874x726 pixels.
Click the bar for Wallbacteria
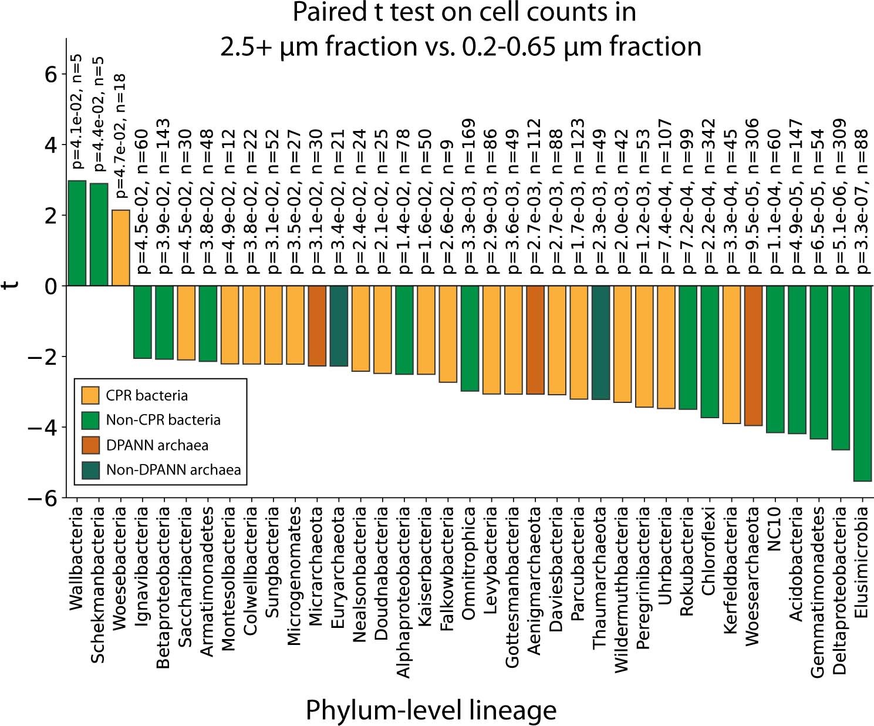pyautogui.click(x=77, y=233)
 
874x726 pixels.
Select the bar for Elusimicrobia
pyautogui.click(x=862, y=383)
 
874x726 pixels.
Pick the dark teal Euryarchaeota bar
pyautogui.click(x=339, y=326)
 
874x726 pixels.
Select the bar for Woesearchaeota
pyautogui.click(x=753, y=355)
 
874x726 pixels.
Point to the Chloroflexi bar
pyautogui.click(x=710, y=351)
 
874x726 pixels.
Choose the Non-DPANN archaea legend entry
pyautogui.click(x=173, y=470)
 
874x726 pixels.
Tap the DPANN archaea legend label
pyautogui.click(x=157, y=445)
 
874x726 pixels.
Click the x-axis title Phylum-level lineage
pyautogui.click(x=431, y=710)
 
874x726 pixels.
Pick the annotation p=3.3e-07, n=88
pyautogui.click(x=862, y=196)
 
